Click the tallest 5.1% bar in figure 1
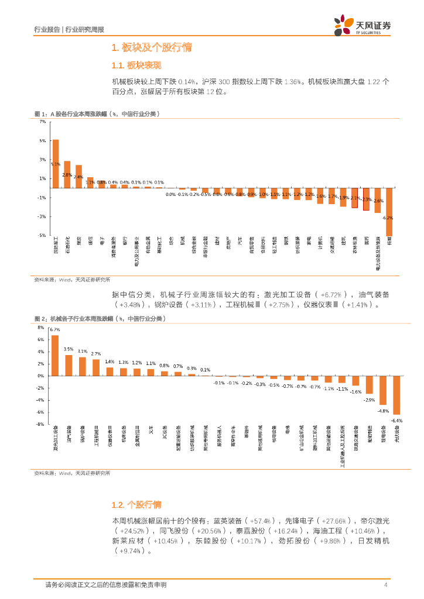tap(56, 164)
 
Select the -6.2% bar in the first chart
tap(389, 212)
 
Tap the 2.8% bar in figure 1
tap(67, 174)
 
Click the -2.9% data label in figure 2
tap(369, 400)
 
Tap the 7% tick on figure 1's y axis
tap(42, 122)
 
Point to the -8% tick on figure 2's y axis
tap(41, 424)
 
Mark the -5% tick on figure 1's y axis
tap(42, 235)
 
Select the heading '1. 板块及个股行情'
tap(151, 47)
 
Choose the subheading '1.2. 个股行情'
tap(136, 504)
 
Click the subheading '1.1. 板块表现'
tap(136, 65)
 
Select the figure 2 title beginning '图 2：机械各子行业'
tap(100, 319)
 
